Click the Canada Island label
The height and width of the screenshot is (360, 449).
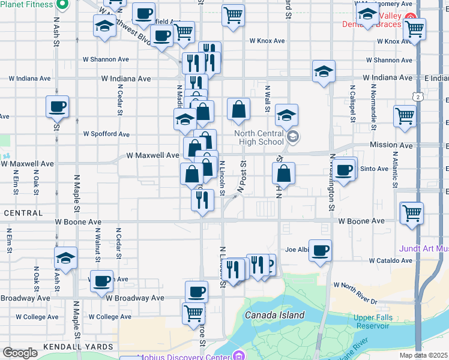pos(274,315)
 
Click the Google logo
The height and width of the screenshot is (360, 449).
pos(20,353)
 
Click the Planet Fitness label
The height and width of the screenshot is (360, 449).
pos(28,5)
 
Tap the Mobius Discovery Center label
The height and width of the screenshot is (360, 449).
pos(184,356)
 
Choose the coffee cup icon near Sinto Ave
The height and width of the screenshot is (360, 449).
pos(344,169)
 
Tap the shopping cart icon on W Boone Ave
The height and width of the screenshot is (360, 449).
pos(412,212)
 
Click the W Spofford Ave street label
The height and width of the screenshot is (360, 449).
pos(106,134)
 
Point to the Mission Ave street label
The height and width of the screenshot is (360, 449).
pos(391,145)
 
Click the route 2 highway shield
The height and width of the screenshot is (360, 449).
pos(416,96)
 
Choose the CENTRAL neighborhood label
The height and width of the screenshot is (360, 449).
pos(23,213)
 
